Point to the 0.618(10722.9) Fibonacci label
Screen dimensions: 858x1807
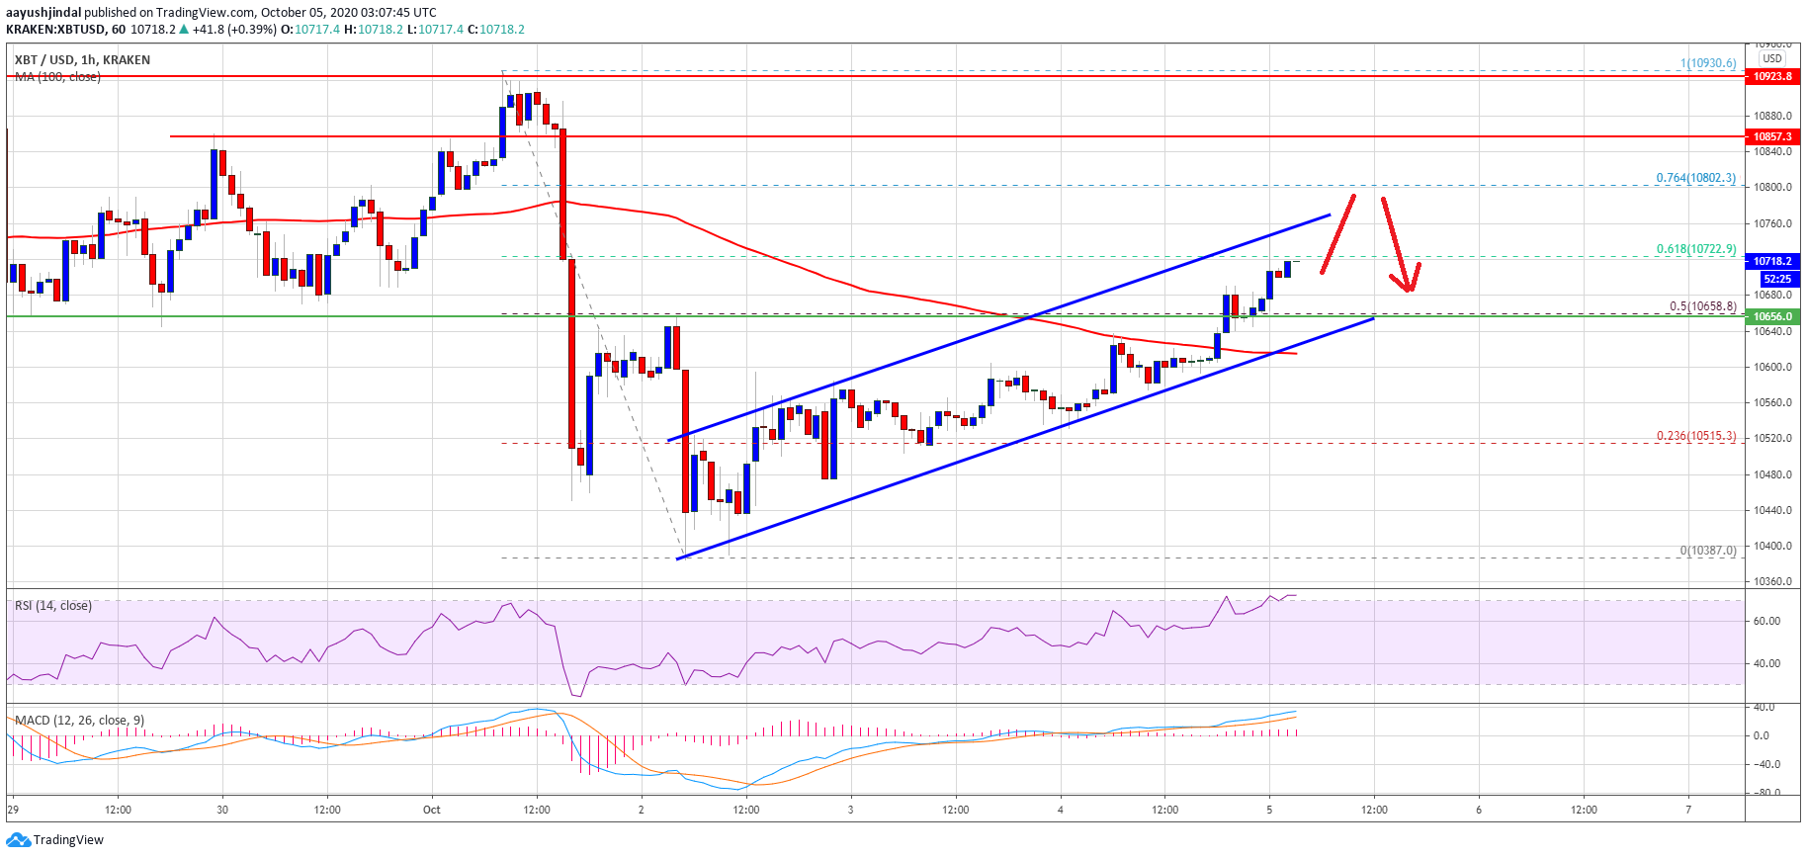tap(1695, 249)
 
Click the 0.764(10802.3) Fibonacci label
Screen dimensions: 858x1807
tap(1695, 178)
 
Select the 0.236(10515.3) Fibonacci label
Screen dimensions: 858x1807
tap(1695, 436)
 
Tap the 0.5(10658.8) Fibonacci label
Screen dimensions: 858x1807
tap(1702, 306)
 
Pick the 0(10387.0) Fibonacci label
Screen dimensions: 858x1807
tap(1707, 551)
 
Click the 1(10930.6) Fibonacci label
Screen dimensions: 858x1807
tap(1707, 63)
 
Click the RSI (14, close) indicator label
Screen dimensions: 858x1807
tap(53, 606)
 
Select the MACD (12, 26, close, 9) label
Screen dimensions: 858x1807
tap(79, 720)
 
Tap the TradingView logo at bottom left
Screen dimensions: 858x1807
tap(55, 840)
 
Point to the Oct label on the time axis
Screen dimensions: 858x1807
tap(432, 810)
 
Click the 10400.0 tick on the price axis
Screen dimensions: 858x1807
tap(1772, 546)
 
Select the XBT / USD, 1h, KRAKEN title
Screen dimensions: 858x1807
tap(82, 59)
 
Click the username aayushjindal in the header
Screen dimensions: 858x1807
tap(43, 12)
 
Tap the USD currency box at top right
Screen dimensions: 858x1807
tap(1772, 58)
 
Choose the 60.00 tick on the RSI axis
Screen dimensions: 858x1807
tap(1766, 621)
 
